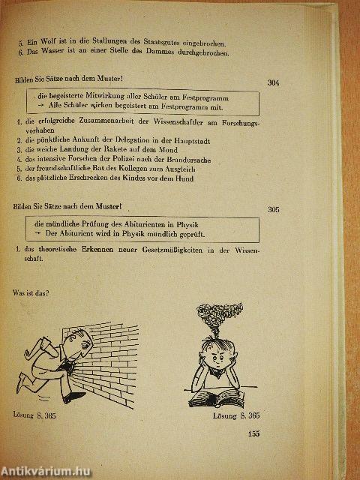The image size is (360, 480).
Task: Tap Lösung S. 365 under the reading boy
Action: [x=235, y=415]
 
